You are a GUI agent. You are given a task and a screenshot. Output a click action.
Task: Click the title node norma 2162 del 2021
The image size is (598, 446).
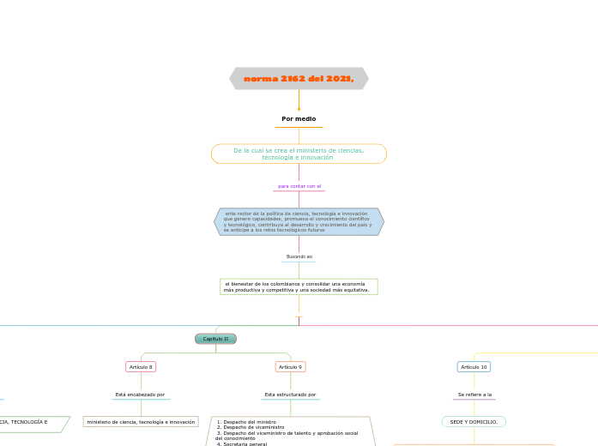pyautogui.click(x=299, y=79)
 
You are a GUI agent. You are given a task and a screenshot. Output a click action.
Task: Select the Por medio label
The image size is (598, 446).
pyautogui.click(x=299, y=119)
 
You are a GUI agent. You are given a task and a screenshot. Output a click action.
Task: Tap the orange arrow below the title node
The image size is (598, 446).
pyautogui.click(x=299, y=100)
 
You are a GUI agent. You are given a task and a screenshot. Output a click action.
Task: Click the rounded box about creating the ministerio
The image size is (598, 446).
pyautogui.click(x=299, y=154)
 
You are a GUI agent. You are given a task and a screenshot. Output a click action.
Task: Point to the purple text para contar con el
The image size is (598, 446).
pyautogui.click(x=299, y=186)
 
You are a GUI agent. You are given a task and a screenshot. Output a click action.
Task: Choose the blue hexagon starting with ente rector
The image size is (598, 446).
pyautogui.click(x=299, y=221)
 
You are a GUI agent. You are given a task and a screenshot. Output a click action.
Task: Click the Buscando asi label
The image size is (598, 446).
pyautogui.click(x=299, y=256)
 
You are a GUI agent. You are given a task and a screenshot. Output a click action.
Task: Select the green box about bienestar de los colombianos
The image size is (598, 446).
pyautogui.click(x=299, y=286)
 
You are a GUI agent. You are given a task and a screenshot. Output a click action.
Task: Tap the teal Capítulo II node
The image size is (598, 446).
pyautogui.click(x=215, y=339)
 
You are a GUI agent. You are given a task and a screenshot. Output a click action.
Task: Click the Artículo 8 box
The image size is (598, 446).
pyautogui.click(x=141, y=367)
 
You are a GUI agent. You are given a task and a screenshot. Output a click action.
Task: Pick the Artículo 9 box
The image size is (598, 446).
pyautogui.click(x=290, y=367)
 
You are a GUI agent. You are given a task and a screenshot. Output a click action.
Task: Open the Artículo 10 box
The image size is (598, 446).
pyautogui.click(x=474, y=367)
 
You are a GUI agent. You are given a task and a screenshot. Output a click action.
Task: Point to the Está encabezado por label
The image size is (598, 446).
pyautogui.click(x=140, y=395)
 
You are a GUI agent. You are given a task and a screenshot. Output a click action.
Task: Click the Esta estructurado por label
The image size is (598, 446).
pyautogui.click(x=290, y=395)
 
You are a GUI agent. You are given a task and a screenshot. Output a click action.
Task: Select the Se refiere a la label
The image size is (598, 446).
pyautogui.click(x=474, y=395)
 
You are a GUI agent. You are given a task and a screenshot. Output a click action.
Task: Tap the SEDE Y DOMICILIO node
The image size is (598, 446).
pyautogui.click(x=474, y=422)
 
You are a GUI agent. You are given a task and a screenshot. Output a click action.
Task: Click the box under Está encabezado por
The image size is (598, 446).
pyautogui.click(x=141, y=422)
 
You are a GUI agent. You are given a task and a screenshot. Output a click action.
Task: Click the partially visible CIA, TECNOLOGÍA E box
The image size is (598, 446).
pyautogui.click(x=30, y=423)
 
